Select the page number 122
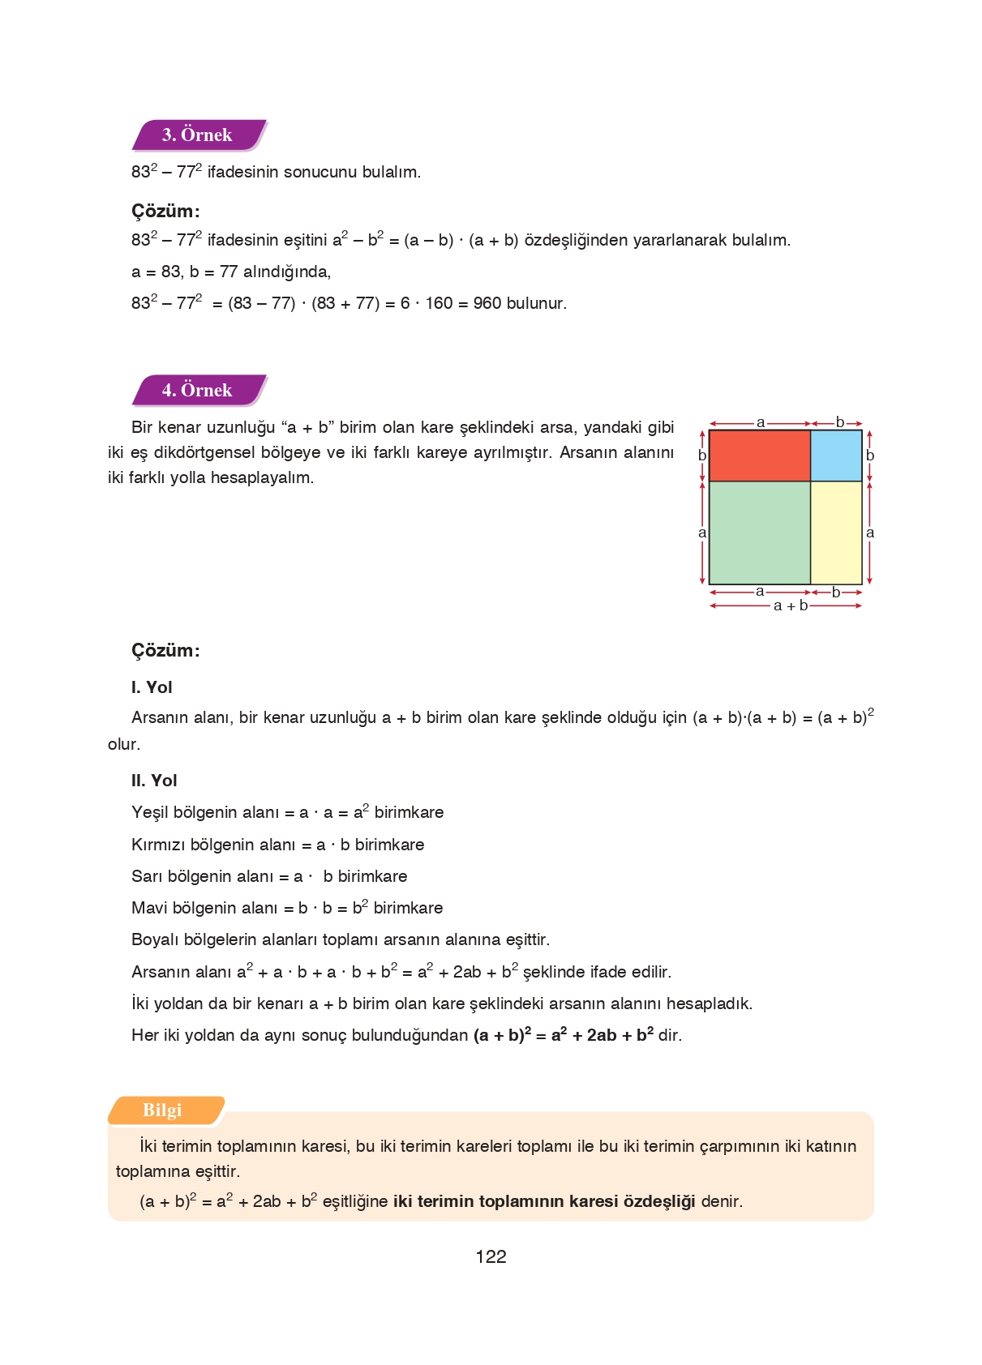point(491,1256)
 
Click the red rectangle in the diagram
point(759,456)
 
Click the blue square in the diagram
point(836,456)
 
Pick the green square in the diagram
point(759,533)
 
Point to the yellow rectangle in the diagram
point(836,533)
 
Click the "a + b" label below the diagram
point(790,605)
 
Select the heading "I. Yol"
point(152,687)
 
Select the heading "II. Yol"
point(154,781)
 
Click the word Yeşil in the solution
point(150,812)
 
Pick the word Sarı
point(147,876)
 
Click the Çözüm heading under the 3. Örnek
point(165,212)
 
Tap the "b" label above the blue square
point(839,422)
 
